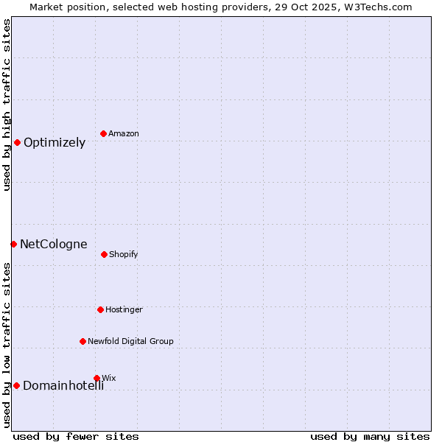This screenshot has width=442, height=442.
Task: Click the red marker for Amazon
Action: coord(104,133)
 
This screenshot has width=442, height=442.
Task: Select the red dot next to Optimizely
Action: coord(17,142)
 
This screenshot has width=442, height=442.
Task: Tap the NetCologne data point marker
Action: coord(13,244)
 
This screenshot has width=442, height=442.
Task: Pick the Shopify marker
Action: coord(104,254)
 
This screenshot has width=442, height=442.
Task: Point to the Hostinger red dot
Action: coord(100,309)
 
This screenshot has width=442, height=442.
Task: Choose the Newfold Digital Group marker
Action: coord(83,341)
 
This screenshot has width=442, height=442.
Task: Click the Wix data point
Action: coord(97,378)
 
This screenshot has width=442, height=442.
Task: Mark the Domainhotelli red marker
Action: coord(16,385)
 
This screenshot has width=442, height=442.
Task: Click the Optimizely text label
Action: coord(55,143)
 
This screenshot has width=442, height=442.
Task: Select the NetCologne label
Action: coord(53,245)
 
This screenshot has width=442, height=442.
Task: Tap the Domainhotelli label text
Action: coord(63,386)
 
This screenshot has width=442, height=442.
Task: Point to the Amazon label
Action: coord(124,134)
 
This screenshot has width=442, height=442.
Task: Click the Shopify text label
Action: coord(124,255)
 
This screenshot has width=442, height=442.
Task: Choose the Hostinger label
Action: coord(124,310)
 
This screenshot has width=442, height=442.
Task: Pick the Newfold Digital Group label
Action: coord(130,342)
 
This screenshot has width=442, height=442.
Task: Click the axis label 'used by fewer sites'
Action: coord(76,436)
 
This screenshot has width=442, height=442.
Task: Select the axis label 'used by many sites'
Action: coord(370,436)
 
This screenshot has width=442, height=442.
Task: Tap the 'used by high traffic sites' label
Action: coord(7,105)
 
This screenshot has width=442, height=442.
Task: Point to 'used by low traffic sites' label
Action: coord(7,345)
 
